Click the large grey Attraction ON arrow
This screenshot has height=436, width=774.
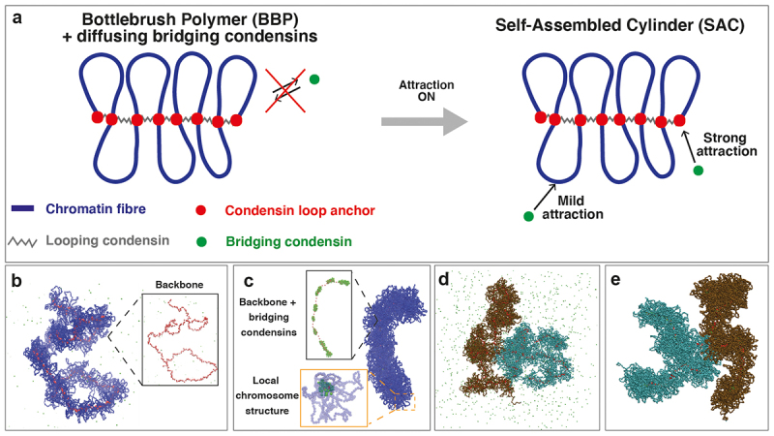click(423, 121)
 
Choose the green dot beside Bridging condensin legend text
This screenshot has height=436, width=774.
click(202, 238)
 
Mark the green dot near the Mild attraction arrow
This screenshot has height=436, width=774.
click(529, 215)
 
